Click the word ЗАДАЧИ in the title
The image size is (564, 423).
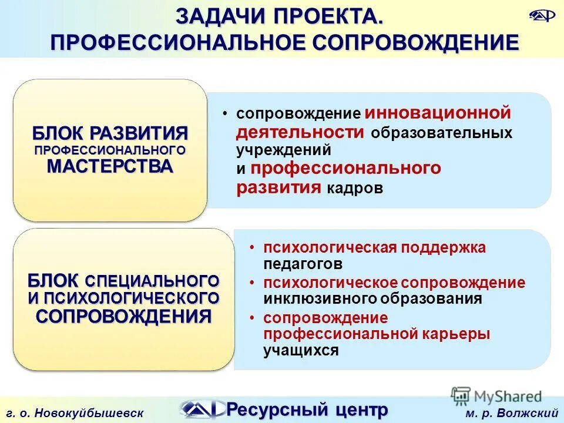[217, 16]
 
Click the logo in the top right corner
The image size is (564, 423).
[540, 16]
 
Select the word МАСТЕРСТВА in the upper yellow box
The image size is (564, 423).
[110, 166]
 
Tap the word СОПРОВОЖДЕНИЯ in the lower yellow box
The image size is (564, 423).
[123, 316]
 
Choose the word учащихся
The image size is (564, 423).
[301, 351]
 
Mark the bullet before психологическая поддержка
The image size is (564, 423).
[251, 247]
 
